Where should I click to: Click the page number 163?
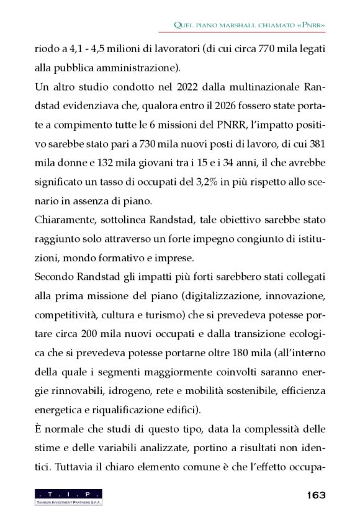315,495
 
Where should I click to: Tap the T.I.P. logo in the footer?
69,496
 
